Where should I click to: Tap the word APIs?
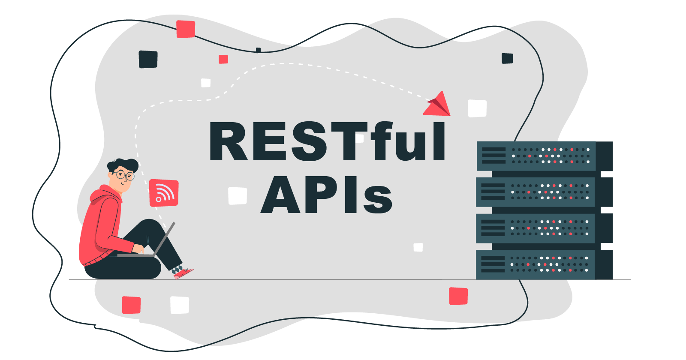tap(327, 195)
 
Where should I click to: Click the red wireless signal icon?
tap(164, 193)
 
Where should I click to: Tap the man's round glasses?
tap(124, 175)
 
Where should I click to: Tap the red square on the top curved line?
tap(186, 29)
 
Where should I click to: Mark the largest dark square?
tap(148, 59)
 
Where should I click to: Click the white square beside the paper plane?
tap(477, 108)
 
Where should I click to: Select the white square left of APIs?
tap(238, 195)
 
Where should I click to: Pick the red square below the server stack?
tap(458, 296)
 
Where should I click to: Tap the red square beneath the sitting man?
tap(131, 305)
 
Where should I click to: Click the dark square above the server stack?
tap(507, 58)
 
